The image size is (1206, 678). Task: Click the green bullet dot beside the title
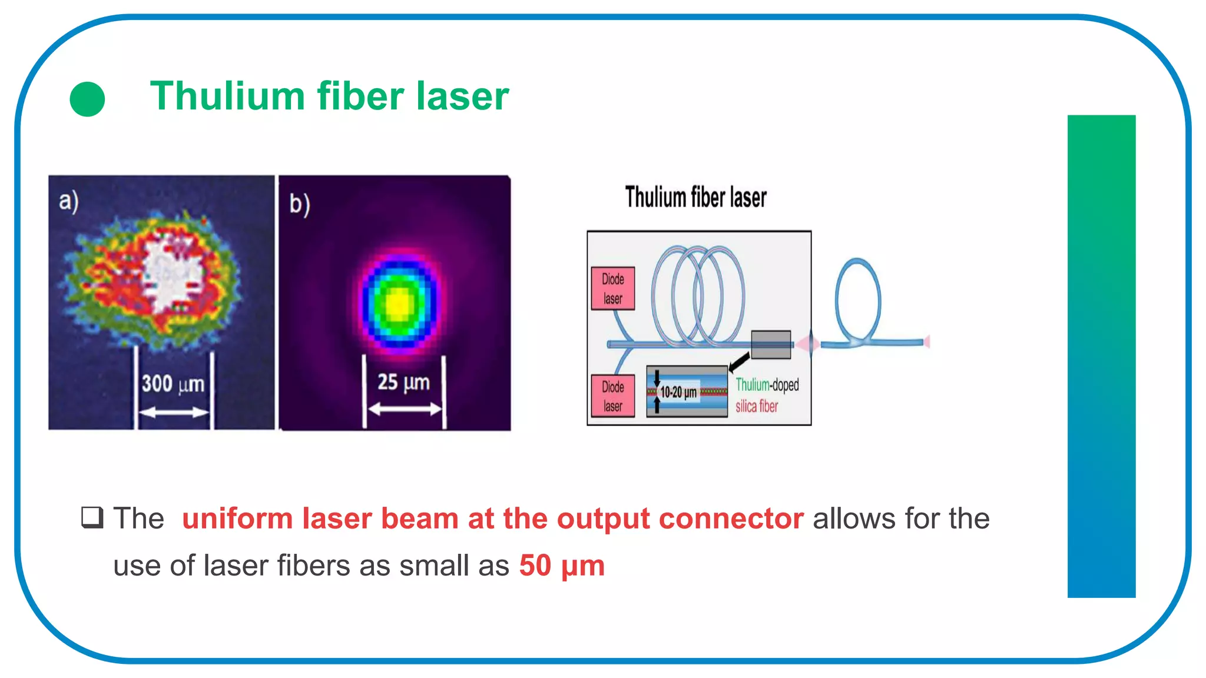coord(87,99)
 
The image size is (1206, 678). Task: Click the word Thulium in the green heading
coord(227,96)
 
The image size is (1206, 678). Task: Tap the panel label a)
coord(68,201)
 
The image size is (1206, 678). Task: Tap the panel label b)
coord(299,204)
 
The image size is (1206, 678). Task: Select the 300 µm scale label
coord(173,384)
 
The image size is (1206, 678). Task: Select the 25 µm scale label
coord(403,382)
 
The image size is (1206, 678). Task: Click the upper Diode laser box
coord(613,288)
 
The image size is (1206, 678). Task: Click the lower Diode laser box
coord(613,396)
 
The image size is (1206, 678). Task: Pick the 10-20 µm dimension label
coord(678,392)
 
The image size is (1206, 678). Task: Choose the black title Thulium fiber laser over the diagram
coord(695,197)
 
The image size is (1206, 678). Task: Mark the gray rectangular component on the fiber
coord(771,344)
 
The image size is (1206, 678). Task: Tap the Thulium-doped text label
coord(767,385)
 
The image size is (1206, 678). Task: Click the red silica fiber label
coord(757,406)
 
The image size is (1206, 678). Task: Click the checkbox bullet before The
coord(92,517)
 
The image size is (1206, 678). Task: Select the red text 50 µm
coord(562,566)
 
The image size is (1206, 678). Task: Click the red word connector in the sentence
coord(731,519)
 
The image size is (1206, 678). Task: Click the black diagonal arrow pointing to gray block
coord(740,361)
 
